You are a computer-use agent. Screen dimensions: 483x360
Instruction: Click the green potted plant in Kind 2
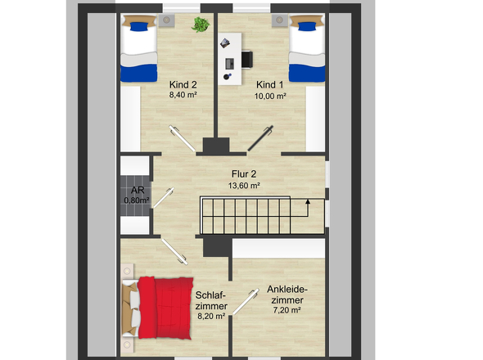tap(201, 25)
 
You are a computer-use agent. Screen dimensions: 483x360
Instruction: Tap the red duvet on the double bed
tap(165, 308)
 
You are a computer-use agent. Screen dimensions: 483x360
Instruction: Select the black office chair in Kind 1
tap(246, 59)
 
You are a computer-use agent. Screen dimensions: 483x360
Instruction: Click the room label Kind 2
tap(183, 85)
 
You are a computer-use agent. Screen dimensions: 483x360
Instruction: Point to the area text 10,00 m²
tap(270, 96)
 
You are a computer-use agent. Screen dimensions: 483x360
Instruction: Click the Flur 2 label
tap(244, 174)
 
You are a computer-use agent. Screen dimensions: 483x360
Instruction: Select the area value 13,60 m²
tap(244, 186)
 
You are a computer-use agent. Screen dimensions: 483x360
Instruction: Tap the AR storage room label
tap(138, 191)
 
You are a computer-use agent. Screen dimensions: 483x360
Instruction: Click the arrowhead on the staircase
tap(308, 201)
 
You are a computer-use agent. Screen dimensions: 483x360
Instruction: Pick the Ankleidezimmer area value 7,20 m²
tap(287, 310)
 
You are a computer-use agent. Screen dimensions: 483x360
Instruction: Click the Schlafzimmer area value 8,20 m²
tap(211, 316)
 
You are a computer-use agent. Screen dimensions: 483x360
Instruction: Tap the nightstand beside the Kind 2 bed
tap(167, 20)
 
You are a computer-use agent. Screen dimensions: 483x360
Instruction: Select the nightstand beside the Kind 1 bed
tap(280, 20)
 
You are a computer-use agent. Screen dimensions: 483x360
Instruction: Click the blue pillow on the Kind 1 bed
tap(307, 26)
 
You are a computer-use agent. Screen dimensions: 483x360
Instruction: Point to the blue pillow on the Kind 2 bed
tap(139, 26)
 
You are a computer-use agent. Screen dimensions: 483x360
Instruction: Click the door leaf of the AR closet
tap(164, 198)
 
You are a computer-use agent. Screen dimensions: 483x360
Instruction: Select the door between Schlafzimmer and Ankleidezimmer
tap(246, 301)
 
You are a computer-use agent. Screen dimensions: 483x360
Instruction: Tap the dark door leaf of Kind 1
tap(260, 138)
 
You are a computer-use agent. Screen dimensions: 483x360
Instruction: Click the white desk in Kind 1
tap(230, 59)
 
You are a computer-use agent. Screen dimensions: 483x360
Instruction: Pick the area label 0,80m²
tap(137, 200)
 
